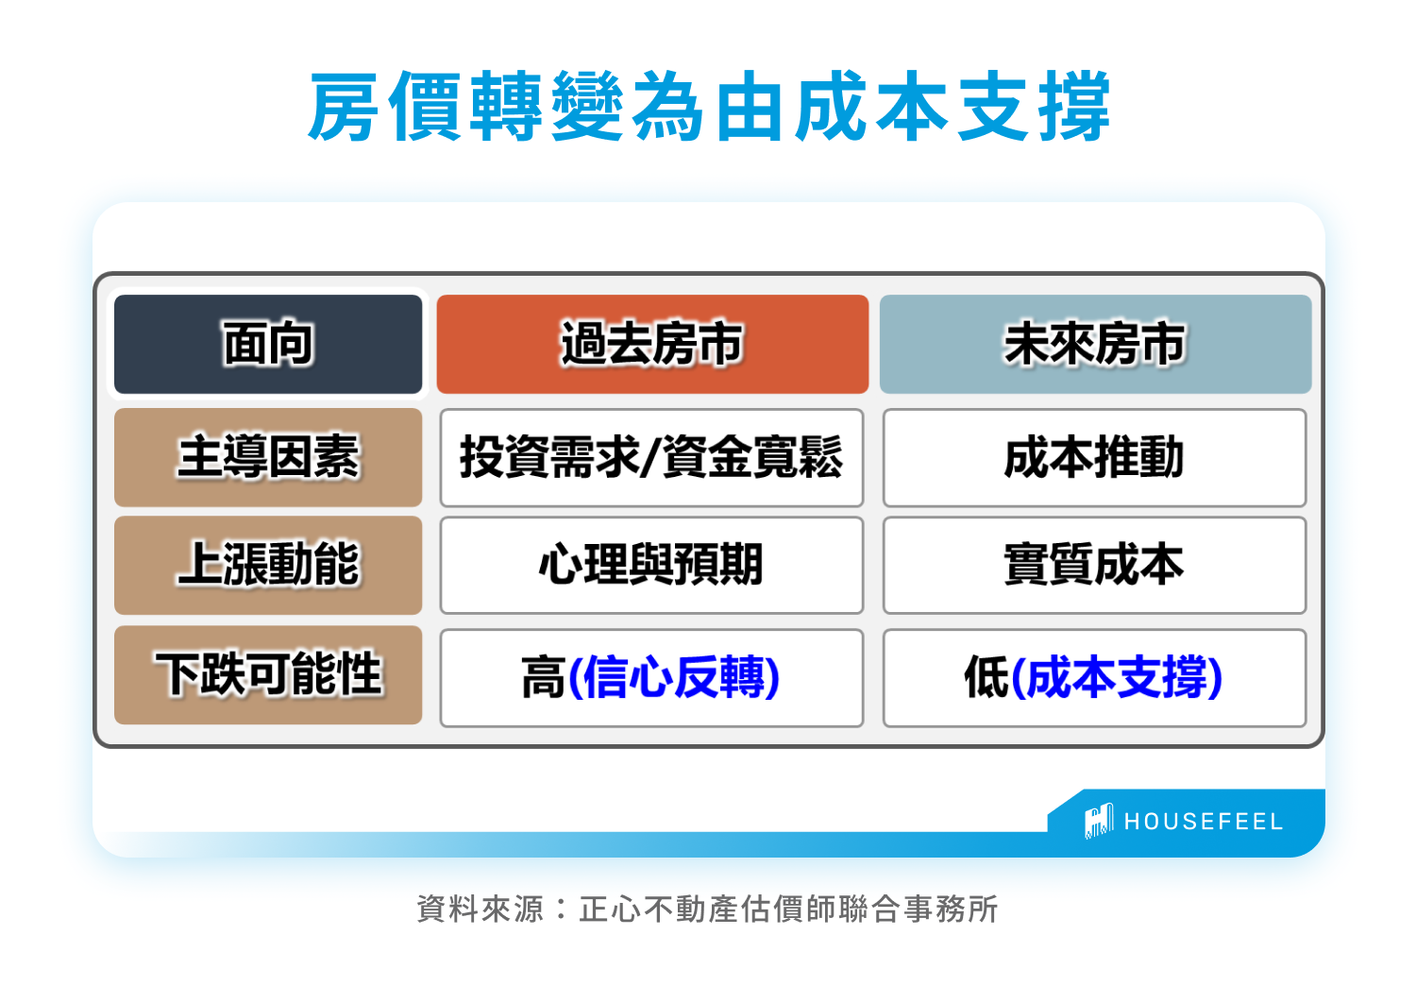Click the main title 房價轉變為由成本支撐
coord(709,107)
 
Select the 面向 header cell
coord(268,344)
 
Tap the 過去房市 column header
coord(652,344)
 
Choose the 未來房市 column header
coord(1095,344)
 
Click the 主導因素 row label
coord(268,457)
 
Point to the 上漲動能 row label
coord(268,565)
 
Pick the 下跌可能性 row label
coord(268,674)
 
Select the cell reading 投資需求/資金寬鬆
coord(651,457)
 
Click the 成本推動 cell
coord(1094,457)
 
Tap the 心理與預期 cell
coord(651,565)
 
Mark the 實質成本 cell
coord(1094,565)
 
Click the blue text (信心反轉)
coord(674,678)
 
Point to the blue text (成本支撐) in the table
coord(1116,678)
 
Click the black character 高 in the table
coord(543,678)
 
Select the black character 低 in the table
coord(986,678)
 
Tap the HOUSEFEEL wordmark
coord(1204,822)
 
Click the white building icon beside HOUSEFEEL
coord(1099,821)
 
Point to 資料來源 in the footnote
coord(480,909)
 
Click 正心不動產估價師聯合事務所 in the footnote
coord(788,909)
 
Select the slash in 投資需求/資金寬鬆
coord(652,457)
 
